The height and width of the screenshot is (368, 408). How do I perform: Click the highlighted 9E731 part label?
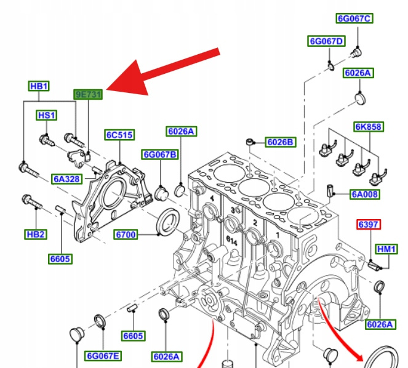click(x=88, y=94)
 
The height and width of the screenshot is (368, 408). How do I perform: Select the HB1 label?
click(x=39, y=86)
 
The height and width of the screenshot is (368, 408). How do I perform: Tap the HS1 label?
click(x=46, y=115)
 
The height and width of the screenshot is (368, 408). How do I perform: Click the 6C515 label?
click(x=119, y=135)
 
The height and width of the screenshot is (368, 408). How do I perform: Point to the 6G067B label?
click(x=160, y=154)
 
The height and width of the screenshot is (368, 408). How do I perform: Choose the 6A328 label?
click(x=66, y=179)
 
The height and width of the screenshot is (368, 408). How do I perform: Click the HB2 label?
click(x=36, y=234)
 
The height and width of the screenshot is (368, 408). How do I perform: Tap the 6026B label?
click(x=281, y=143)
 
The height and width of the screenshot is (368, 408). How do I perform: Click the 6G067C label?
click(x=354, y=18)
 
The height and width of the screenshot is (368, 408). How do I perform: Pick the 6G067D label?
click(x=326, y=41)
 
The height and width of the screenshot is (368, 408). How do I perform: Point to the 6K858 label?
click(x=368, y=127)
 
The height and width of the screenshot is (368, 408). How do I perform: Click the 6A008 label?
click(x=365, y=194)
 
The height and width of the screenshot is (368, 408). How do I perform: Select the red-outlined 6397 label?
click(x=368, y=225)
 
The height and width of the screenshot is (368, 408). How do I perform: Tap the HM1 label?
click(x=387, y=249)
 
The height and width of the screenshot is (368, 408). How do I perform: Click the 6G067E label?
click(x=103, y=355)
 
